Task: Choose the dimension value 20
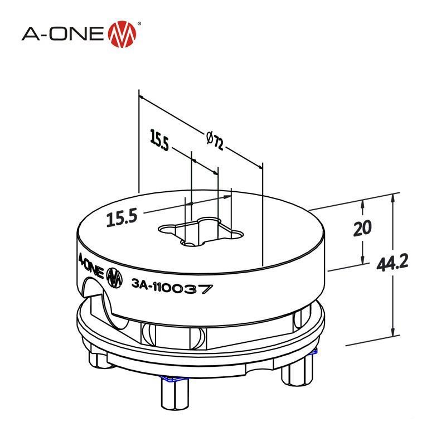click(x=362, y=229)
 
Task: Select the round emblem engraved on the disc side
click(x=114, y=278)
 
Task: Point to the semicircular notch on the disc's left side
click(x=91, y=293)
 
